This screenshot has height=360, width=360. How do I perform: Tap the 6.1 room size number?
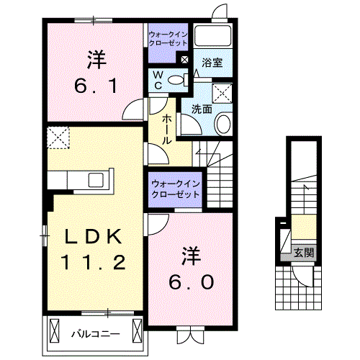tap(96, 86)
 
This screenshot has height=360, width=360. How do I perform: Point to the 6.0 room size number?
tap(192, 282)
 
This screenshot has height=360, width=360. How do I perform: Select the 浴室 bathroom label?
tap(212, 63)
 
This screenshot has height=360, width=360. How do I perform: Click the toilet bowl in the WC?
tap(176, 80)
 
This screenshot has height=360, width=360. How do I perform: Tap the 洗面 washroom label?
tap(202, 109)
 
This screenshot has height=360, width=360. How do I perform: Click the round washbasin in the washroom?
tap(224, 124)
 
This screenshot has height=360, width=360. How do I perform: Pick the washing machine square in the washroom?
tap(222, 93)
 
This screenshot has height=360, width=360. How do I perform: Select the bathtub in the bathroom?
tap(212, 35)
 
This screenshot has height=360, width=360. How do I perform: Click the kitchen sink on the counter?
tap(96, 180)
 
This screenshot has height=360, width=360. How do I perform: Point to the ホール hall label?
tap(167, 129)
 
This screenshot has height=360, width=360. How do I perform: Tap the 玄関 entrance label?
tap(304, 253)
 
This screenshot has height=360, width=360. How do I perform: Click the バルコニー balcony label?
tap(96, 334)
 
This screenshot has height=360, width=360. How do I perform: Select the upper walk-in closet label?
tap(168, 39)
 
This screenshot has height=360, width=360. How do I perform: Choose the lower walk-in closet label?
tap(176, 189)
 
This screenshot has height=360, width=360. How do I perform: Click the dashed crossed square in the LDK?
tap(58, 138)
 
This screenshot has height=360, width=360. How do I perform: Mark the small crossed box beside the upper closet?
tap(184, 60)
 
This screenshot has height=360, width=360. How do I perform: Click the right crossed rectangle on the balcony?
tap(138, 330)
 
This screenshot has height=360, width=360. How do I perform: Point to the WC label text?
tap(158, 81)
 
